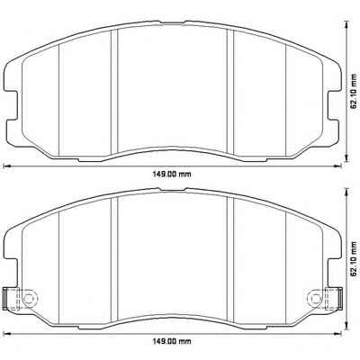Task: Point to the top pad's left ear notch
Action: pyautogui.click(x=12, y=105)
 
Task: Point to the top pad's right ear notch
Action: pyautogui.click(x=334, y=105)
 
